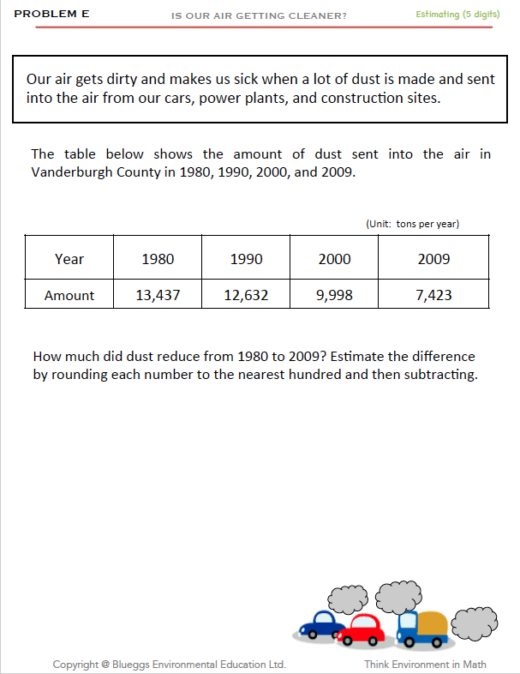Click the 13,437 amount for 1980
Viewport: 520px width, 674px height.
coord(158,295)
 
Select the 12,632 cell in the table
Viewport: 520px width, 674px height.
coord(246,295)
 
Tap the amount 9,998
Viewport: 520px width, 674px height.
coord(334,295)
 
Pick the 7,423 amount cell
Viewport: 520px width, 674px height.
coord(433,295)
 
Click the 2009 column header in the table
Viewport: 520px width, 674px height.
coord(433,259)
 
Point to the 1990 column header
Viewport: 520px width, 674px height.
coord(246,259)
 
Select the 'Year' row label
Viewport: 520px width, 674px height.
coord(69,259)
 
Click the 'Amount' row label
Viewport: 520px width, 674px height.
coord(69,295)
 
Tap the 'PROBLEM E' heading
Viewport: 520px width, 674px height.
coord(51,15)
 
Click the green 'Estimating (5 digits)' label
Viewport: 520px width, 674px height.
coord(457,15)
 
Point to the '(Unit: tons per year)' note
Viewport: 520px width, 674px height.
coord(412,224)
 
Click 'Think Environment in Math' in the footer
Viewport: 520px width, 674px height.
coord(425,664)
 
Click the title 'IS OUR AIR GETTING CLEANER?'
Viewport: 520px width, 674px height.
coord(260,15)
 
